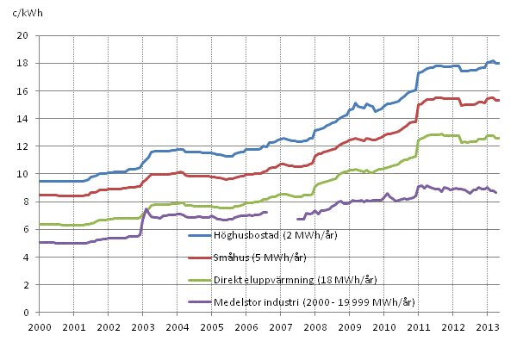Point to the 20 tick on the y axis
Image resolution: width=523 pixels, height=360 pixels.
[x=25, y=35]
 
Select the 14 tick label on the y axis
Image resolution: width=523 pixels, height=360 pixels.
[x=25, y=119]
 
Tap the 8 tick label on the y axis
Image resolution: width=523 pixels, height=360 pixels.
[x=28, y=202]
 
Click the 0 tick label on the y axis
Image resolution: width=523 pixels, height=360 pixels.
[x=28, y=313]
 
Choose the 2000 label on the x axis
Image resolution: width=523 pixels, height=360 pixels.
[x=40, y=327]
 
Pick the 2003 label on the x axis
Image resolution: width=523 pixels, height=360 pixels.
[x=142, y=327]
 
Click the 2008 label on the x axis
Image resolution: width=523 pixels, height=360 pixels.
[x=316, y=327]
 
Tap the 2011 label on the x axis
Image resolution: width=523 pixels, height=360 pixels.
[x=420, y=327]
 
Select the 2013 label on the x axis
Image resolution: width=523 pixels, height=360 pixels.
[x=489, y=327]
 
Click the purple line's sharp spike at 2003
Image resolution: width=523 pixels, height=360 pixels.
[x=146, y=208]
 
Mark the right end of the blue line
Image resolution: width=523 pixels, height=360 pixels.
[x=499, y=64]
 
